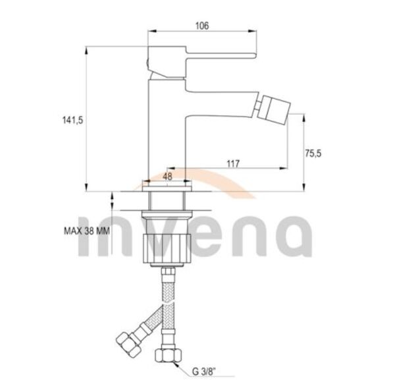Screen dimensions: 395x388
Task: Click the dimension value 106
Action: (202, 26)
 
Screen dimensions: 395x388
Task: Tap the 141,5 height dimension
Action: (72, 121)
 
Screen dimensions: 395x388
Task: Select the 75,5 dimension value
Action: (313, 153)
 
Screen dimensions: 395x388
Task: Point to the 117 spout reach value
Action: (233, 163)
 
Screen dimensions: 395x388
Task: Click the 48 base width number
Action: (167, 177)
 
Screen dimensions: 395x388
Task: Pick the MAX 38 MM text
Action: (87, 231)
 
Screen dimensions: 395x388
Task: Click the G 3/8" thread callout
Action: (204, 372)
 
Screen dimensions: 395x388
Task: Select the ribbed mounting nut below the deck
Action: (167, 248)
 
